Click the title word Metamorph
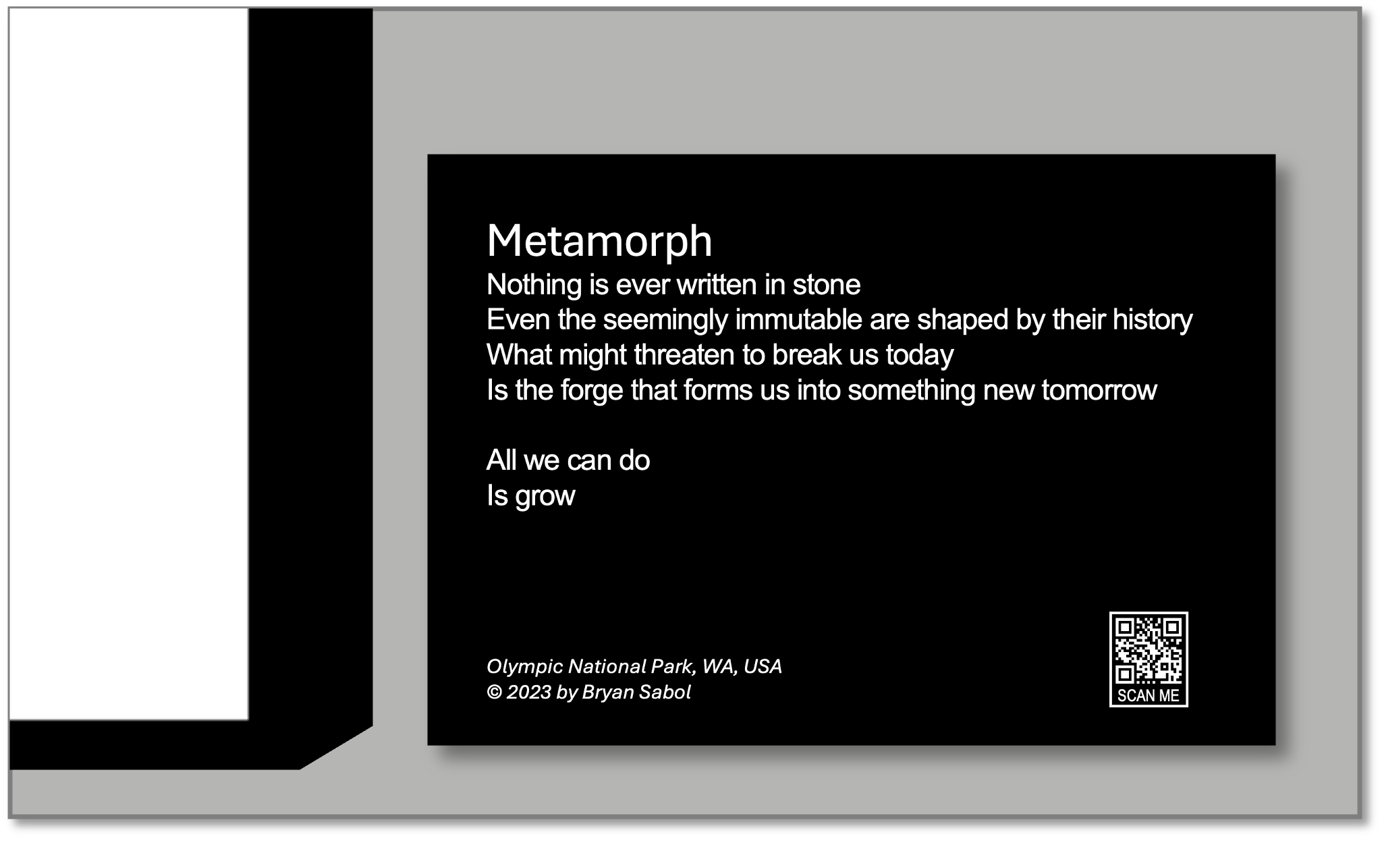599,241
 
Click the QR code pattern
1149,650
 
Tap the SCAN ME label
1149,696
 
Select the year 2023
529,693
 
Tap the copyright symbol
495,693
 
